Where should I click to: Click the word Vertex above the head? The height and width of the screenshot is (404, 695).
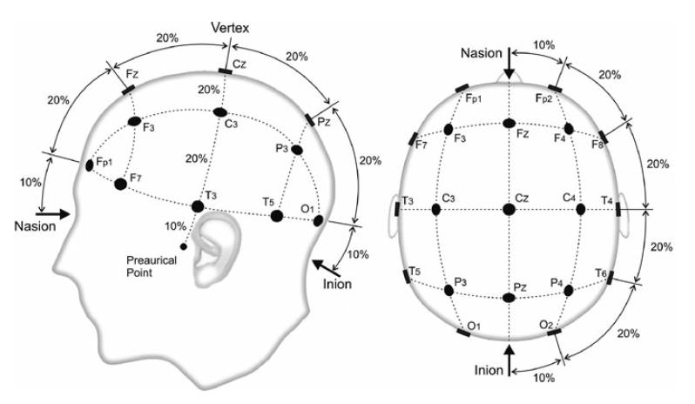point(230,28)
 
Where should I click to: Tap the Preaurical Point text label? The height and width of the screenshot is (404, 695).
point(152,266)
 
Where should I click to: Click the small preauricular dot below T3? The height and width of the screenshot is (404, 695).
point(184,246)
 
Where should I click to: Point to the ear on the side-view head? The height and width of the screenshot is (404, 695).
point(216,251)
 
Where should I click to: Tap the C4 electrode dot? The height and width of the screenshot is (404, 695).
point(580,209)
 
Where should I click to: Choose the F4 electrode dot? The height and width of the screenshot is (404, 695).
point(569,129)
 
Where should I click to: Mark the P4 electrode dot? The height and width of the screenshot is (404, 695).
point(568,291)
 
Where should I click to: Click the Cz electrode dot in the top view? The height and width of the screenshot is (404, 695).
point(509,209)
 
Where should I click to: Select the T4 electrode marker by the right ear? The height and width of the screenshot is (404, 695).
point(618,209)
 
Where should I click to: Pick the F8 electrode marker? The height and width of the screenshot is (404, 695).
point(604,137)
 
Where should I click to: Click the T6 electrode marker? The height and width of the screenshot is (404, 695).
point(611,278)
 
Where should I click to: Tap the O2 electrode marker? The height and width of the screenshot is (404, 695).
point(555,332)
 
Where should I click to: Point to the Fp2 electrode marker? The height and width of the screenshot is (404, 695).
point(555,89)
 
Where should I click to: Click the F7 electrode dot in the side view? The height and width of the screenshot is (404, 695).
point(120,184)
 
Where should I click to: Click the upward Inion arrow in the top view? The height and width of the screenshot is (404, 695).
point(509,360)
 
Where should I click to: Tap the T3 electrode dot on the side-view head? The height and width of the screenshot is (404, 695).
point(198,206)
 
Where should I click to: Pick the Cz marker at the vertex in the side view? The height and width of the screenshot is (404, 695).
point(226,71)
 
